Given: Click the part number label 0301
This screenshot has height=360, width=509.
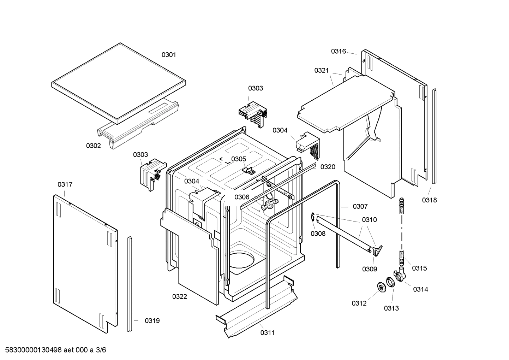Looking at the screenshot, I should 169,55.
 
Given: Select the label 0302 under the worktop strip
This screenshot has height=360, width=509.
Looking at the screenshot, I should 93,146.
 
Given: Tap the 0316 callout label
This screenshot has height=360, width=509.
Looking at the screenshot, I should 338,51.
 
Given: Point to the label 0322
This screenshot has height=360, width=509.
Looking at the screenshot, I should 180,296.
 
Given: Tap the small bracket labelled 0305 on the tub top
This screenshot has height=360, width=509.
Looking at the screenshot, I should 249,170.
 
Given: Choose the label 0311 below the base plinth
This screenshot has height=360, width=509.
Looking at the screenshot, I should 268,332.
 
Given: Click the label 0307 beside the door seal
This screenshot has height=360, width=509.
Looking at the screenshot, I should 360,206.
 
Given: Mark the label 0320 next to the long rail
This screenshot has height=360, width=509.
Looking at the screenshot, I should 328,167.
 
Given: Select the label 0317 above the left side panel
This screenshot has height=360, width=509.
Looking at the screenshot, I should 65,184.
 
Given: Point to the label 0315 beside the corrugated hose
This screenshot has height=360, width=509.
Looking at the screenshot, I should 419,268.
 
